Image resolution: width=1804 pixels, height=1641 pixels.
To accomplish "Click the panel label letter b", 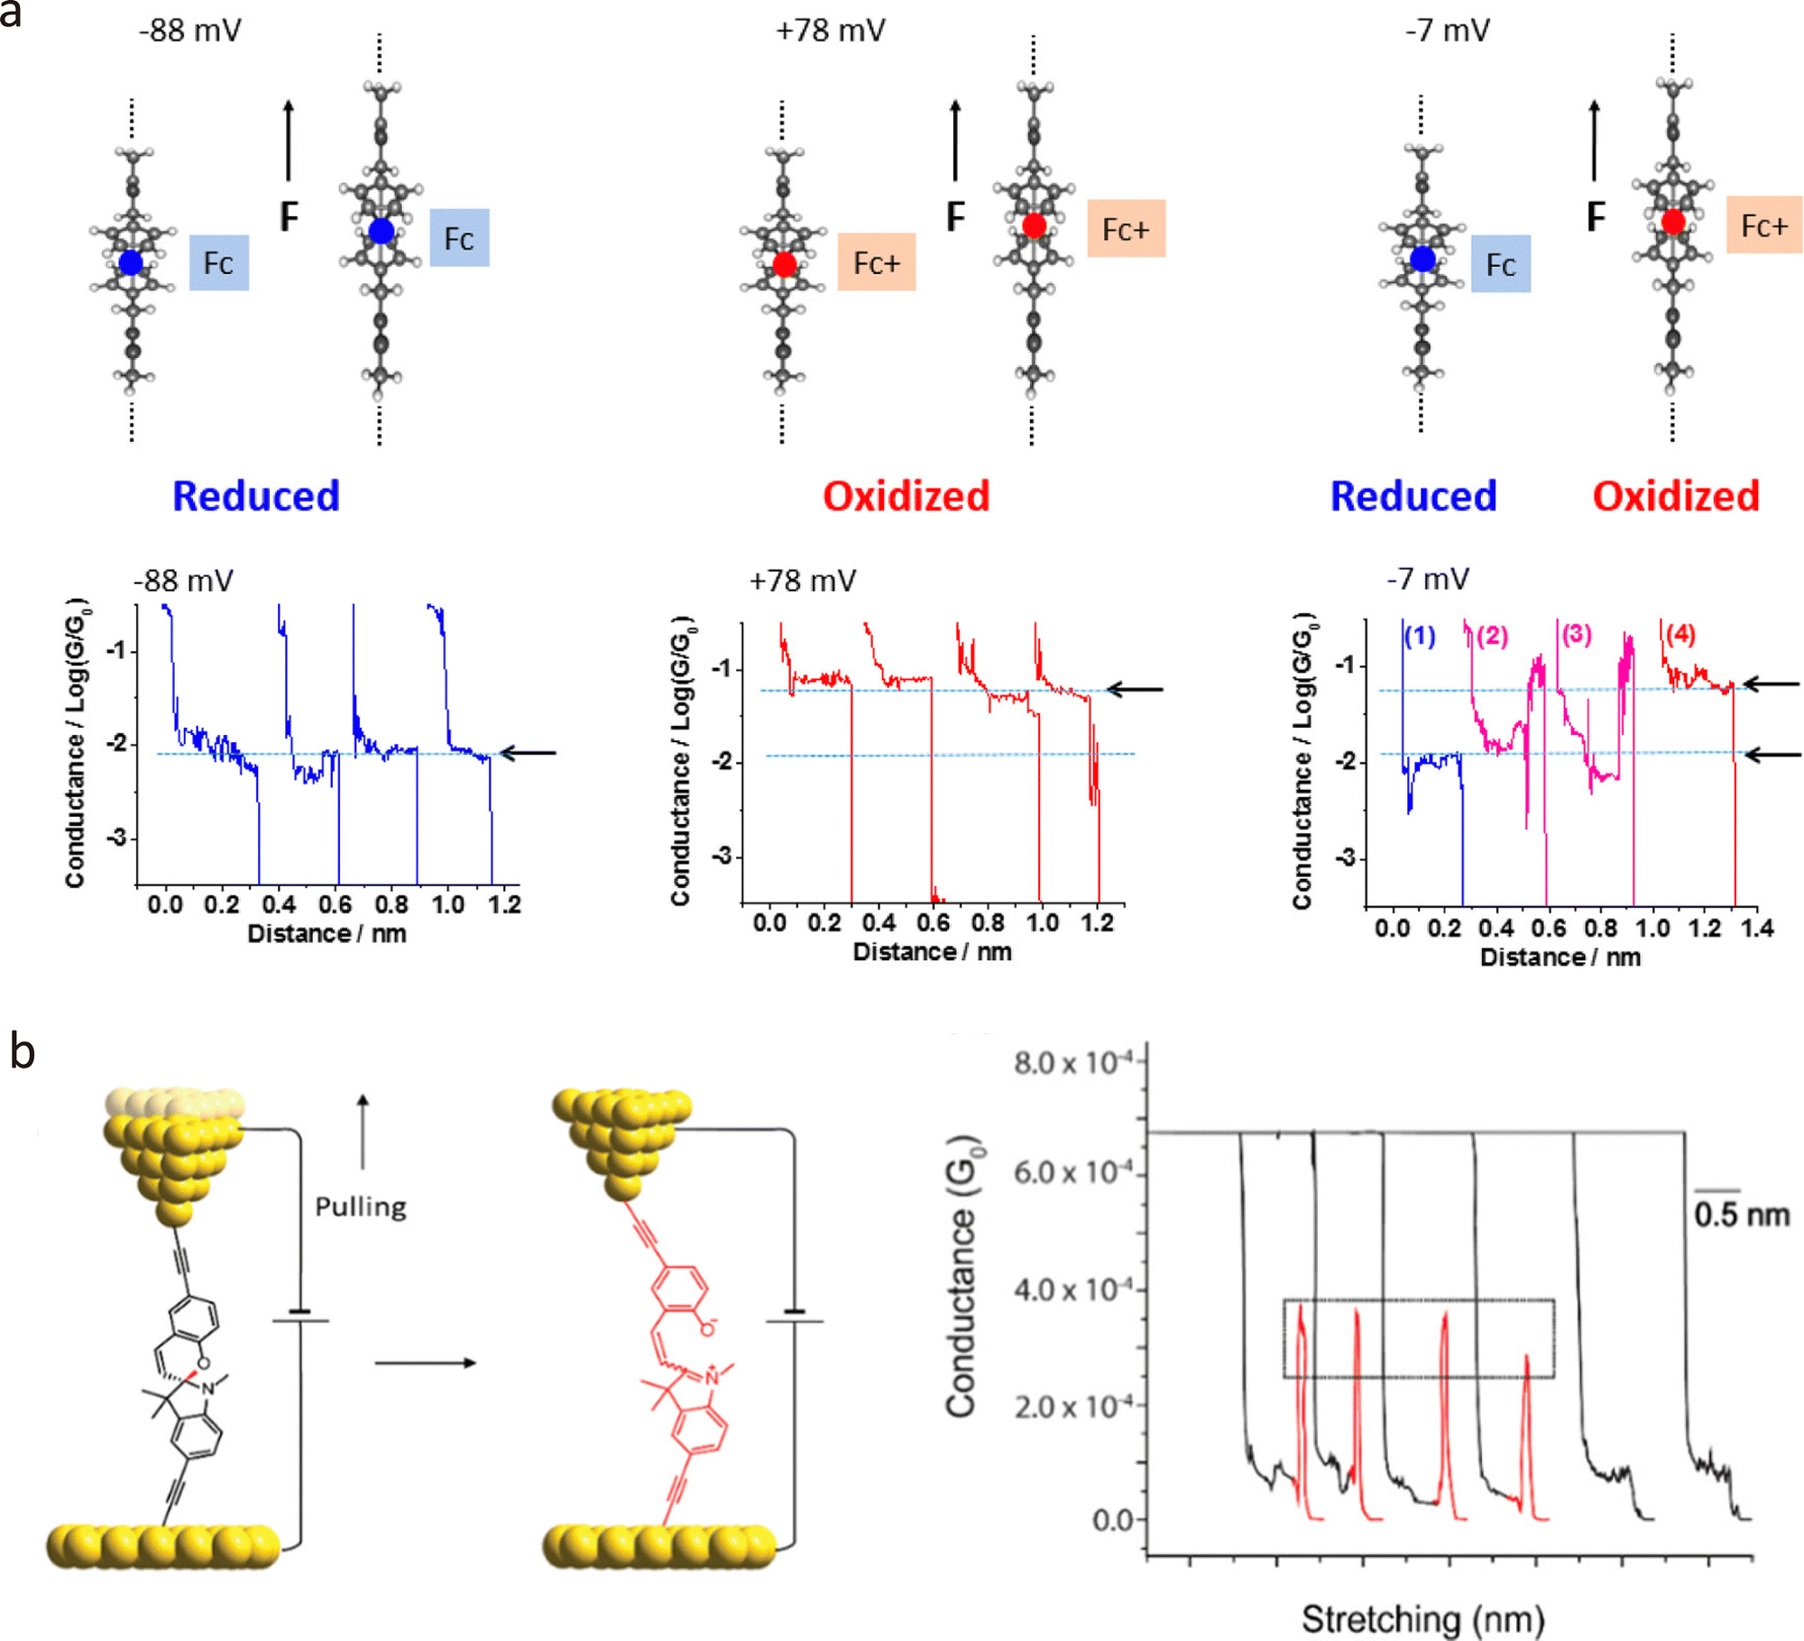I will [x=22, y=1050].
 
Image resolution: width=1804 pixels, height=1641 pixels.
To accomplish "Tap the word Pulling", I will [x=361, y=1207].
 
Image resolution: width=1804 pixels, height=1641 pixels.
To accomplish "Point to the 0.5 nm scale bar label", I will [x=1741, y=1215].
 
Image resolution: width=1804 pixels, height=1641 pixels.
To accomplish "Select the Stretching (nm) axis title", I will [x=1422, y=1618].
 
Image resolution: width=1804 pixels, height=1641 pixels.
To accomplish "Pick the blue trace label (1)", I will [x=1420, y=636].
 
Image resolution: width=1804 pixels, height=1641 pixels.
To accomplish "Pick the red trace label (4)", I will [x=1680, y=634].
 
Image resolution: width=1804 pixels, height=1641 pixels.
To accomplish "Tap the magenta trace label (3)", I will [x=1577, y=634].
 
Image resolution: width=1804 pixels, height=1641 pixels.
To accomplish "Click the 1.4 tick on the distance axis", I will [x=1757, y=928].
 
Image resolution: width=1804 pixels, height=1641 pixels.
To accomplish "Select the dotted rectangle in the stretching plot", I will [x=1419, y=1300].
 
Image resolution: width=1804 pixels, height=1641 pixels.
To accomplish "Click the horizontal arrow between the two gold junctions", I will [x=425, y=1362].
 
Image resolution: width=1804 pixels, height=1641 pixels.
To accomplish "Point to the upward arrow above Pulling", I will [x=363, y=1132].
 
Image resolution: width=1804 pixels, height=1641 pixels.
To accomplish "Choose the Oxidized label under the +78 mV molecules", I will [x=906, y=496].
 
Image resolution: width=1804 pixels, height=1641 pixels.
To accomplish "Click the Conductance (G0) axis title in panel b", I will [x=963, y=1276].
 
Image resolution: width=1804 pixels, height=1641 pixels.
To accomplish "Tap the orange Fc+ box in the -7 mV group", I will [x=1763, y=225].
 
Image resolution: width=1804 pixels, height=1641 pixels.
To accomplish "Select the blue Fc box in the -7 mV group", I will [x=1500, y=264].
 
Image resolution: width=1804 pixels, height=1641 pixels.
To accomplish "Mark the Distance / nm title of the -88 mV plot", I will [x=327, y=933].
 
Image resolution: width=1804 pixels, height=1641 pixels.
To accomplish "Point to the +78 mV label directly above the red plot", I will [x=802, y=581].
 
